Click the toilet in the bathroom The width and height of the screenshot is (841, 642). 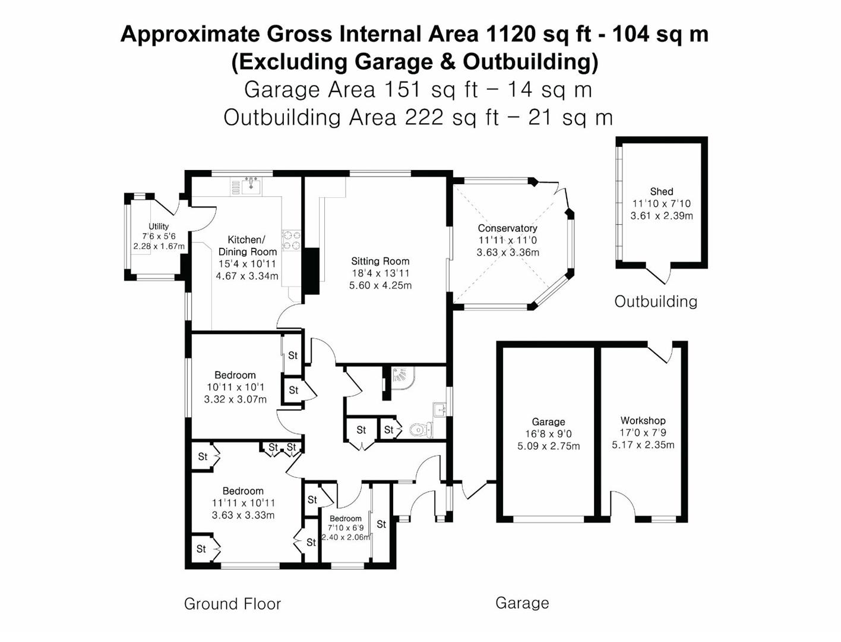click(420, 430)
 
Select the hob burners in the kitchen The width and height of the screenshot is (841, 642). click(291, 241)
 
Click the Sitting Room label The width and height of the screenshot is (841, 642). click(380, 261)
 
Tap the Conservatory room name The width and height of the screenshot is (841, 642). click(507, 228)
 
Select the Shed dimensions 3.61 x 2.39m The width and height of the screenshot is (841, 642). click(662, 216)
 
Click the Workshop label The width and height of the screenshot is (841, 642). click(643, 420)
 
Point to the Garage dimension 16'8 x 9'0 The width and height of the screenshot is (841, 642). click(548, 434)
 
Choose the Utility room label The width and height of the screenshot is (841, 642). click(158, 226)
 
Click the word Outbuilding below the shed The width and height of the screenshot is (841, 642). click(656, 302)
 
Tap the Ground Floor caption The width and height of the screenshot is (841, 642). click(233, 603)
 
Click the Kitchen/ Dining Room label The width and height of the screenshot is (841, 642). click(248, 246)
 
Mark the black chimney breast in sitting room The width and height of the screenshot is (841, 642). click(311, 271)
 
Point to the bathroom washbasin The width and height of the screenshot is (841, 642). click(440, 410)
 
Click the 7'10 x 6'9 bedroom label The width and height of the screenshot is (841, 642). click(345, 528)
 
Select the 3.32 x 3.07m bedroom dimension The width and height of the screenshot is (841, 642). click(235, 399)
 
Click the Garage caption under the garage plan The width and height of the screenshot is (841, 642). click(522, 603)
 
